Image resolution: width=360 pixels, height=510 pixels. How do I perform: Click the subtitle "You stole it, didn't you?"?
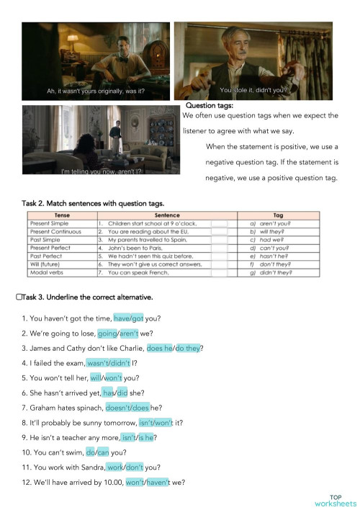click(253, 90)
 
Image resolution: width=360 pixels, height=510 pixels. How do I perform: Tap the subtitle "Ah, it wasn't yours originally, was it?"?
click(96, 91)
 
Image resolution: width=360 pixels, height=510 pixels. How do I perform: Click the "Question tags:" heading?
click(210, 107)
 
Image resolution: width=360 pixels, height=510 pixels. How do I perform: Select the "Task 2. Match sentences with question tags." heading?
click(97, 204)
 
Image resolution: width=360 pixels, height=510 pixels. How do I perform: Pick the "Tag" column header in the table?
click(278, 215)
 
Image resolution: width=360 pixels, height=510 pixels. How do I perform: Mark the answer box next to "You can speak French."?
click(220, 274)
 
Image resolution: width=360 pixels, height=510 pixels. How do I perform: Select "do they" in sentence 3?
click(189, 349)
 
